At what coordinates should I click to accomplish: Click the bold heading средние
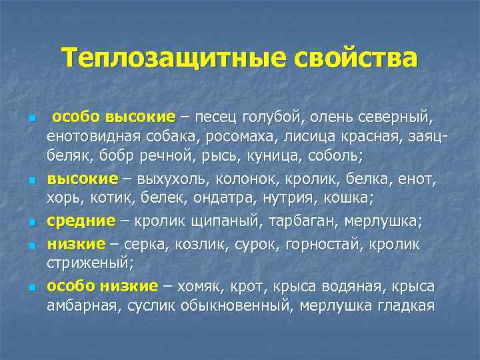tap(77, 221)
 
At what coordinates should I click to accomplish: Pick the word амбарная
tap(80, 305)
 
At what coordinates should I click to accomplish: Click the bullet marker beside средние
tap(31, 223)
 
